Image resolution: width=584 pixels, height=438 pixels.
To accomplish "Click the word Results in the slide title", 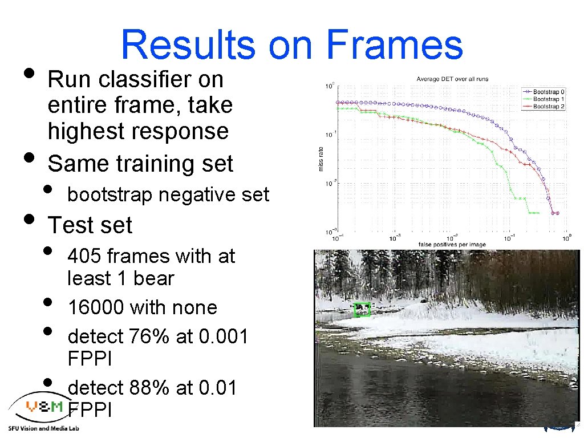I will tap(188, 45).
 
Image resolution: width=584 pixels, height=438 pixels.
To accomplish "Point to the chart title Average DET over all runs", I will tap(452, 79).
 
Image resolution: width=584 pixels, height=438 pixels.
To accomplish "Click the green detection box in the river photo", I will tap(362, 309).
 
